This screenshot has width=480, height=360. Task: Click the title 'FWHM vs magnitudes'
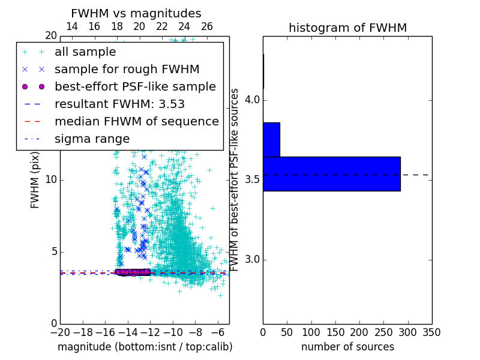pyautogui.click(x=136, y=13)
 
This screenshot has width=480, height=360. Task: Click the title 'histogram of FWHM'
pyautogui.click(x=347, y=28)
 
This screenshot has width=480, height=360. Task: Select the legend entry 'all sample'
pyautogui.click(x=85, y=52)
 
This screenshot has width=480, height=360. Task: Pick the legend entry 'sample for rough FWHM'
pyautogui.click(x=127, y=70)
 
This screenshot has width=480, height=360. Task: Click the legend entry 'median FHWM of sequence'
pyautogui.click(x=136, y=121)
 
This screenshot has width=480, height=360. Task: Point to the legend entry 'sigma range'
pyautogui.click(x=92, y=139)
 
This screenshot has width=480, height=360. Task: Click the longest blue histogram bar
pyautogui.click(x=331, y=174)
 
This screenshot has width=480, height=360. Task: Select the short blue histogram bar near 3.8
pyautogui.click(x=271, y=139)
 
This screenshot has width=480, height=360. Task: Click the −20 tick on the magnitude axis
pyautogui.click(x=60, y=332)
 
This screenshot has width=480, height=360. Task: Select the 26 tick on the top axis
pyautogui.click(x=207, y=26)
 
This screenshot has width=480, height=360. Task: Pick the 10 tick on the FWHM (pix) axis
pyautogui.click(x=51, y=180)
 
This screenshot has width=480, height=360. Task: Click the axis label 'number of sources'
pyautogui.click(x=347, y=347)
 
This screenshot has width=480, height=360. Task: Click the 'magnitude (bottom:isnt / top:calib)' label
pyautogui.click(x=145, y=347)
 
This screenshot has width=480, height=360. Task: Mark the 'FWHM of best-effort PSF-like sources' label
pyautogui.click(x=235, y=180)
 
